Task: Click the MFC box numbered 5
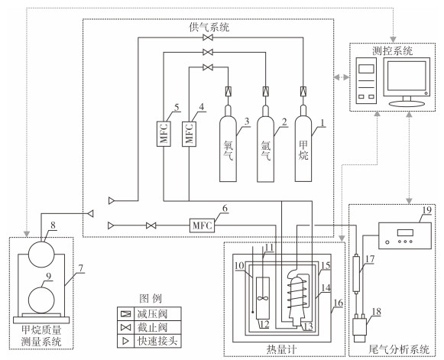point(164,134)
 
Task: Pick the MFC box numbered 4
point(189,134)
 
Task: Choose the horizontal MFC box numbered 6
point(202,225)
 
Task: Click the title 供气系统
point(209,28)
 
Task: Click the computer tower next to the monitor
point(366,81)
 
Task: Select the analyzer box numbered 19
point(405,235)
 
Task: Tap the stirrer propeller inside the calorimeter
point(263,298)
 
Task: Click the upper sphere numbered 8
point(41,255)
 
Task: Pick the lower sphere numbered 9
point(41,300)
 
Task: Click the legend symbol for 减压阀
point(126,314)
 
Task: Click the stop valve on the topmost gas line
point(208,37)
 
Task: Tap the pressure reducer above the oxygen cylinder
point(228,92)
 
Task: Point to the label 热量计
point(281,349)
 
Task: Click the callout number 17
point(370,259)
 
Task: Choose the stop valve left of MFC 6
point(151,225)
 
